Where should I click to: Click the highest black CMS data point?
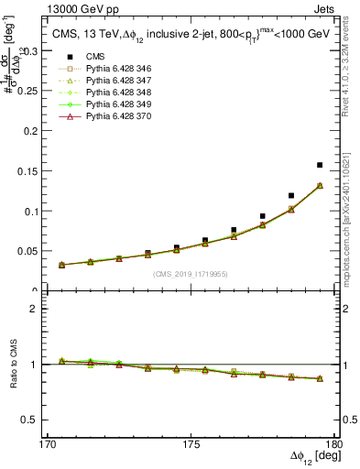(320, 165)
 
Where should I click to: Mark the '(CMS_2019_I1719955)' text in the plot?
(191, 273)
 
